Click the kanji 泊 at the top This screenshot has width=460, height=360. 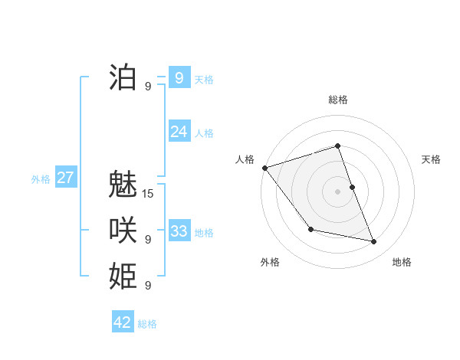[x=123, y=77]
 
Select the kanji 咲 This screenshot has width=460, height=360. [x=123, y=231]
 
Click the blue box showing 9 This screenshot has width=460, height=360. [x=179, y=77]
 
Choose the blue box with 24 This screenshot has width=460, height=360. [x=179, y=132]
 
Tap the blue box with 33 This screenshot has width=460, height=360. [x=179, y=231]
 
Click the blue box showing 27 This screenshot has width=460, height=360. [x=65, y=178]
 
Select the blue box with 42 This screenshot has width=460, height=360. [x=123, y=322]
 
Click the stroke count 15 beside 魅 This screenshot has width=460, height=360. [x=148, y=194]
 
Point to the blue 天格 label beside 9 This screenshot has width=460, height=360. [x=204, y=80]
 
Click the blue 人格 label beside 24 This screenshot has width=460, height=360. [x=204, y=133]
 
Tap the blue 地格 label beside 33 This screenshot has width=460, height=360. [x=204, y=233]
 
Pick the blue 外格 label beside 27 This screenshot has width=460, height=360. [x=41, y=179]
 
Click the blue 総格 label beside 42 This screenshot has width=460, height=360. [x=147, y=324]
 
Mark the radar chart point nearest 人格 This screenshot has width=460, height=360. [x=264, y=168]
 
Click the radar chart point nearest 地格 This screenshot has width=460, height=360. [x=374, y=241]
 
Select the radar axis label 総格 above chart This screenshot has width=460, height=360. [x=337, y=100]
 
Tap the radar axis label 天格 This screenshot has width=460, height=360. [x=431, y=159]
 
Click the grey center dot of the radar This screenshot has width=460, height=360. [x=337, y=191]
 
